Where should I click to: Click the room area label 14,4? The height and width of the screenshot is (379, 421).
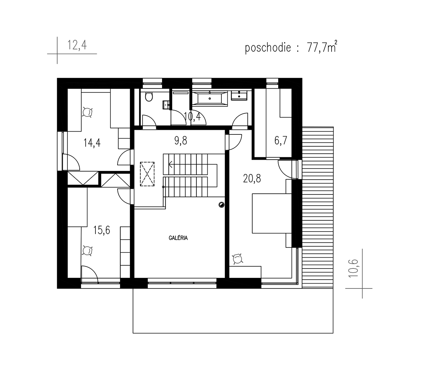[x=92, y=143]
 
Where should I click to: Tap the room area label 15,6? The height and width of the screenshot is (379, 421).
[x=102, y=230]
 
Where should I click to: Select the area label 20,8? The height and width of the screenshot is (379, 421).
[x=252, y=179]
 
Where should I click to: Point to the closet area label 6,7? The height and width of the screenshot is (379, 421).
[x=281, y=140]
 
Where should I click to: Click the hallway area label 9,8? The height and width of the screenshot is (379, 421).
[x=181, y=140]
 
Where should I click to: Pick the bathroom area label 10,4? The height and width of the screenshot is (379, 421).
[x=192, y=117]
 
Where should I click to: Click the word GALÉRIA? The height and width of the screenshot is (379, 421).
[x=178, y=238]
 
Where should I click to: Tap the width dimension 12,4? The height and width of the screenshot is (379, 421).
[x=77, y=45]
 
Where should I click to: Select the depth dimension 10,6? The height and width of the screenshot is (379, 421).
[x=354, y=268]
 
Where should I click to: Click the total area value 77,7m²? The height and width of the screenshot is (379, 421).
[x=322, y=47]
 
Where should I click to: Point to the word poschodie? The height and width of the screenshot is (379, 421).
[x=268, y=48]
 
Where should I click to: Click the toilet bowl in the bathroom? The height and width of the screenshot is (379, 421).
[x=149, y=97]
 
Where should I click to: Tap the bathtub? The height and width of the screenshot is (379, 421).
[x=210, y=98]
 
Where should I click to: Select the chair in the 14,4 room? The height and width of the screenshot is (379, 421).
[x=87, y=112]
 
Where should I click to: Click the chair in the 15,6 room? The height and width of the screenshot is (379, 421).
[x=87, y=251]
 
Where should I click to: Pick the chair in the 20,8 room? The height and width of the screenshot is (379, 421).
[x=238, y=259]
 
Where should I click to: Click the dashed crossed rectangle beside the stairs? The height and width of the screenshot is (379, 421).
[x=147, y=174]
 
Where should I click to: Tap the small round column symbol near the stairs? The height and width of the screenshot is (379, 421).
[x=221, y=205]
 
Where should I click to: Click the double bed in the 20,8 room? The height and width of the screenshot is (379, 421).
[x=272, y=213]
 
